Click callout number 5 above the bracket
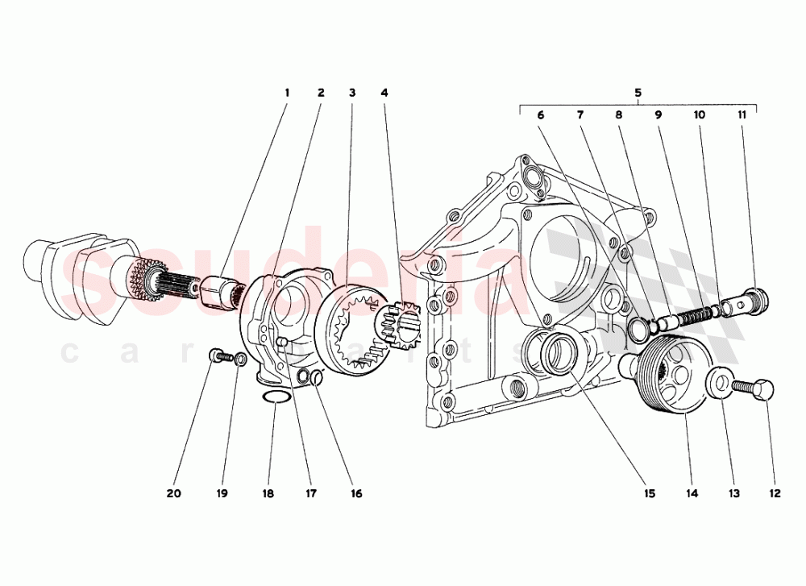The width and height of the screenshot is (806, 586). pos(638,93)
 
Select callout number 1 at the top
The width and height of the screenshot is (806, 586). pos(286,93)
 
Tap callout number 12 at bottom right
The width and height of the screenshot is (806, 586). pos(775,492)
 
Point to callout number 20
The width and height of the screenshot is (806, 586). pos(175,492)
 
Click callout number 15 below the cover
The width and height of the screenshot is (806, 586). pos(648,492)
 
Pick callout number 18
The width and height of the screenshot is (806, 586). pos(268,492)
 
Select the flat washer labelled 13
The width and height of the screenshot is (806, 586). pos(719,383)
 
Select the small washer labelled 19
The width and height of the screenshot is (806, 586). pos(239,358)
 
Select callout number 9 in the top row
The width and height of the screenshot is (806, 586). pos(659,115)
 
